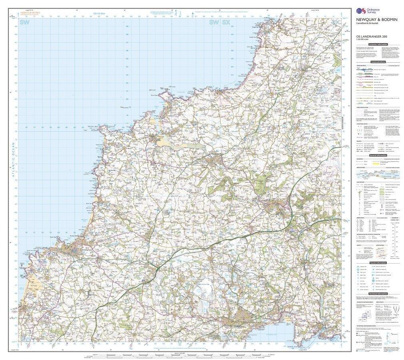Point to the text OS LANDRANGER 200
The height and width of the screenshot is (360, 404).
click(371, 37)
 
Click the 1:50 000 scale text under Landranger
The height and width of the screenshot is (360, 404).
click(363, 40)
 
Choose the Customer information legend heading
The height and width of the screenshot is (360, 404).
click(378, 44)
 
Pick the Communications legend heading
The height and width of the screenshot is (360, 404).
click(378, 62)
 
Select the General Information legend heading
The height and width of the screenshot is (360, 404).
click(378, 155)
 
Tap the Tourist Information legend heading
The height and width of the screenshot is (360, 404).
click(378, 262)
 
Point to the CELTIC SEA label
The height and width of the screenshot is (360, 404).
click(99, 14)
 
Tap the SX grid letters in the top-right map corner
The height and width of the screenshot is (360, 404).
click(226, 24)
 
